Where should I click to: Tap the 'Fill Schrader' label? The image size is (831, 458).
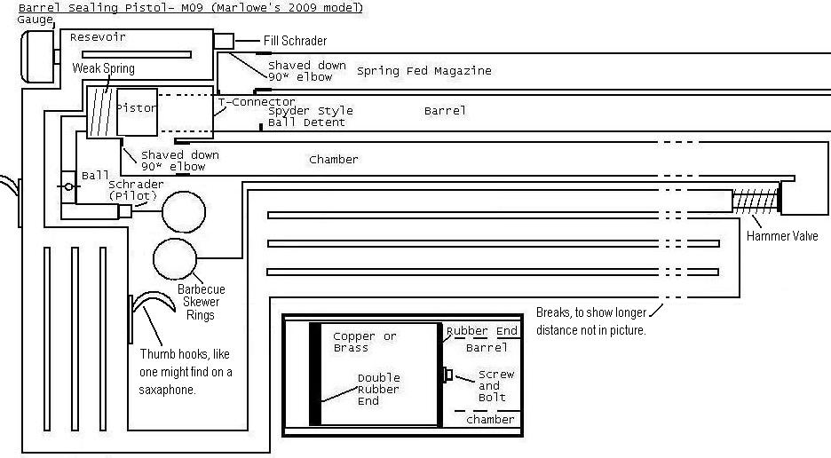(x=296, y=41)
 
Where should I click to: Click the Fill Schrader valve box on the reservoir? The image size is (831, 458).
(x=223, y=41)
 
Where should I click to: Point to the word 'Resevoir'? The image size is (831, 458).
(x=98, y=37)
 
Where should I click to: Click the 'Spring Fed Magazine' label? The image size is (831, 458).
(x=423, y=71)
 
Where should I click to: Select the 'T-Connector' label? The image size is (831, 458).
(x=257, y=102)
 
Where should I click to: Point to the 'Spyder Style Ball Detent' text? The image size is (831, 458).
(x=310, y=116)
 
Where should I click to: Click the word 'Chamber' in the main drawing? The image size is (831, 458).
(x=333, y=160)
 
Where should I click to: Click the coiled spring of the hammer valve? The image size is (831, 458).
(x=754, y=201)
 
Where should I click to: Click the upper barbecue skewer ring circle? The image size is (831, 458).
(x=183, y=211)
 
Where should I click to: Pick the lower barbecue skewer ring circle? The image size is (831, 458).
(x=175, y=258)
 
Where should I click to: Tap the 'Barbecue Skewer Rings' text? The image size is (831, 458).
(x=201, y=302)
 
